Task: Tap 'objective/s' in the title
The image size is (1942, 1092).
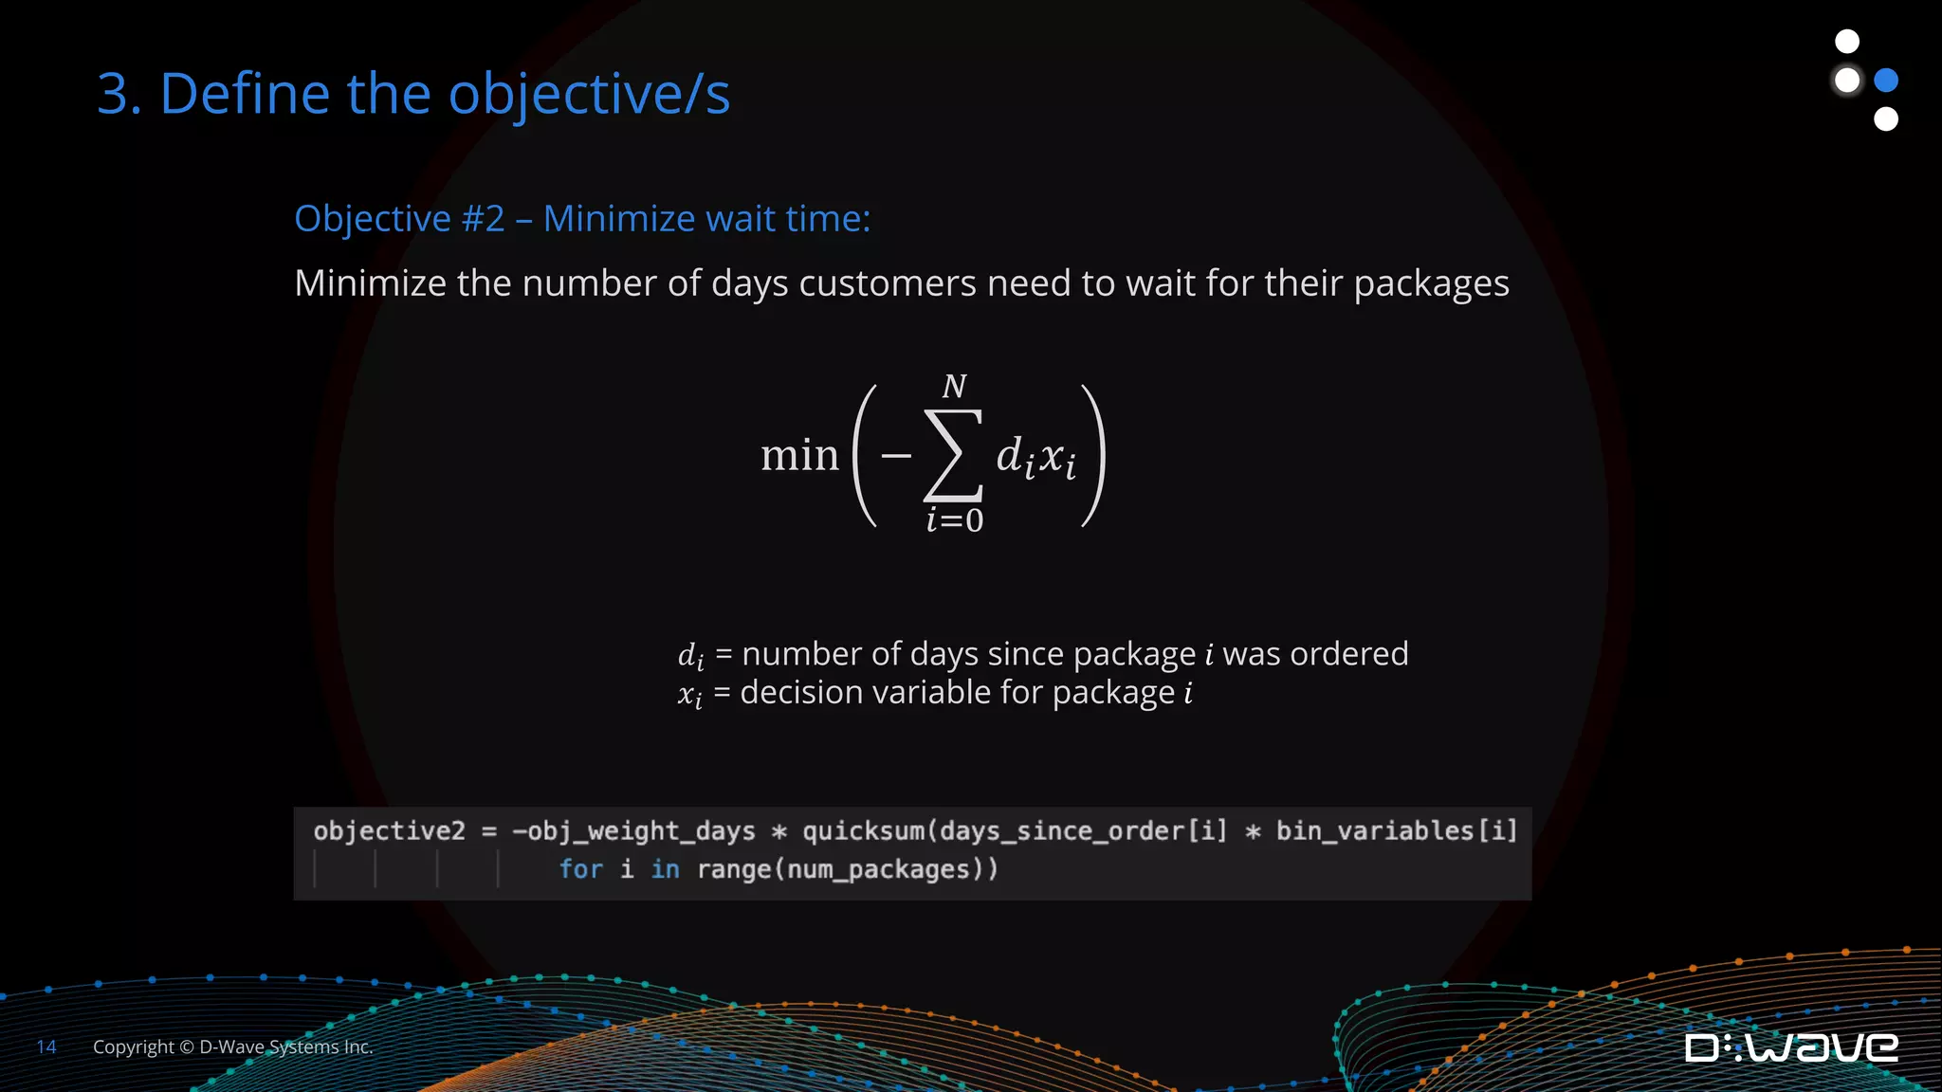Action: click(x=589, y=96)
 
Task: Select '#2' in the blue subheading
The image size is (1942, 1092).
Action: click(x=483, y=219)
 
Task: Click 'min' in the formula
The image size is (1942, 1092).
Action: click(x=799, y=456)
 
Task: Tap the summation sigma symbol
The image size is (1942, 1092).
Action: click(x=953, y=455)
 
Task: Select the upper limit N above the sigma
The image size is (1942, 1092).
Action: click(x=954, y=387)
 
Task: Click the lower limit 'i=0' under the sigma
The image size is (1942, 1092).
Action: click(x=955, y=520)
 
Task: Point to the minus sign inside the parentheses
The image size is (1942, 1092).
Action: click(x=895, y=456)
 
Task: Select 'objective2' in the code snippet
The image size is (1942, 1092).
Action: click(x=389, y=831)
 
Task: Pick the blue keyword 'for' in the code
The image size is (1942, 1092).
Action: click(x=580, y=869)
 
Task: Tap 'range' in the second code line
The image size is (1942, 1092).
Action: click(x=734, y=869)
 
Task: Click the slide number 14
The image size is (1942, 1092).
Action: click(x=46, y=1047)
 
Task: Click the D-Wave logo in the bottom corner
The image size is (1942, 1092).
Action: click(x=1791, y=1047)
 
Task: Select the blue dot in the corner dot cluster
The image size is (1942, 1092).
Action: click(x=1886, y=81)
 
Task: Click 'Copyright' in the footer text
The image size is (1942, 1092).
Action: click(x=134, y=1047)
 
